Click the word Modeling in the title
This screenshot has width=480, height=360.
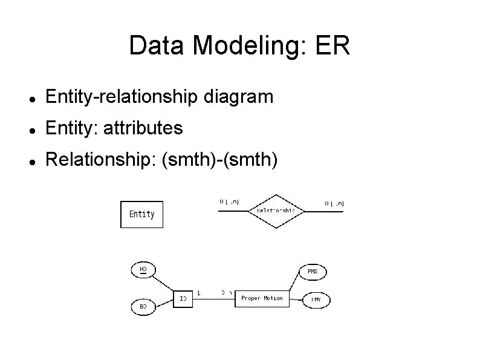(x=225, y=47)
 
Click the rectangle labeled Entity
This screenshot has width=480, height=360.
(x=142, y=214)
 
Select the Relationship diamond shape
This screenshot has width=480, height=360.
(x=276, y=211)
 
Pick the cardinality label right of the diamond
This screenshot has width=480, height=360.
(x=334, y=203)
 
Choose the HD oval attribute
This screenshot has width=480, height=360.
(x=143, y=269)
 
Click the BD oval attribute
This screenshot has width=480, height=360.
(x=143, y=307)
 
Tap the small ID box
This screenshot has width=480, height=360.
(x=183, y=299)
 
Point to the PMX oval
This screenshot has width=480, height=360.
(x=312, y=272)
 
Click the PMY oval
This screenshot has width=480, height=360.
(x=316, y=299)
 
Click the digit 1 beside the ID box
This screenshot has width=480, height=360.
(x=199, y=293)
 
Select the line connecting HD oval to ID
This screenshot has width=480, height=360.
(x=163, y=283)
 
